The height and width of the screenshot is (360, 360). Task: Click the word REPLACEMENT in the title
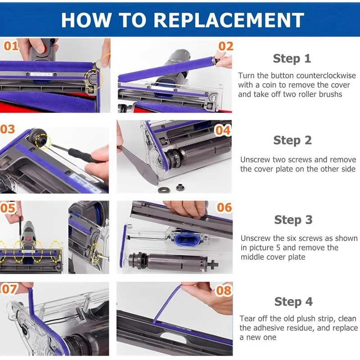coord(229,20)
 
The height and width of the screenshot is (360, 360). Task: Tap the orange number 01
coord(11,46)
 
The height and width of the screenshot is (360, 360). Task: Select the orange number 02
coord(225,46)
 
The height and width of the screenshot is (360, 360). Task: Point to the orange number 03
coord(8,129)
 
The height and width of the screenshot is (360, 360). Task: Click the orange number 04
coord(223,130)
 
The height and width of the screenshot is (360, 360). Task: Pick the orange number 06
coord(225,207)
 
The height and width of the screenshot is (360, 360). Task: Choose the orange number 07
coord(9,289)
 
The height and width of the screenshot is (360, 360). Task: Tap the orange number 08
coord(223,291)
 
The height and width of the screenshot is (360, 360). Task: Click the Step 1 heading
coord(292,58)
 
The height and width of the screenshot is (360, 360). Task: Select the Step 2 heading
coord(292,140)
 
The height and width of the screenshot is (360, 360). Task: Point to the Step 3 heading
coord(293,220)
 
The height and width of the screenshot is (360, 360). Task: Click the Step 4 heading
coord(293,301)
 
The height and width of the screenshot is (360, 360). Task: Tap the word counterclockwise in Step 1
coord(326,76)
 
